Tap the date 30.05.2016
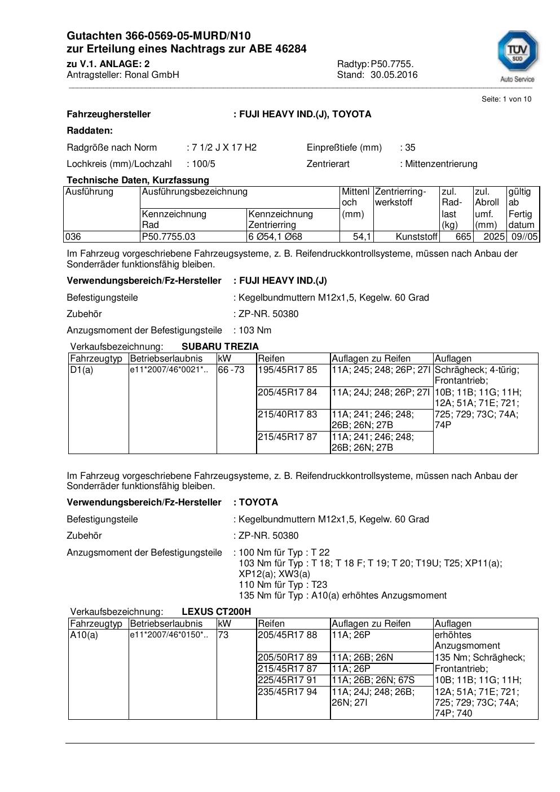click(x=394, y=74)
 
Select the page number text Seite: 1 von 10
click(x=506, y=99)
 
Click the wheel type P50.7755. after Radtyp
click(x=392, y=64)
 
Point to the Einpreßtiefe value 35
click(x=410, y=147)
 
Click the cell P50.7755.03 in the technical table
click(x=169, y=237)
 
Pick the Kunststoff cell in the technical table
click(x=416, y=237)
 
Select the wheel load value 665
click(x=464, y=237)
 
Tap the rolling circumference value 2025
click(x=494, y=237)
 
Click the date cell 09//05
click(x=524, y=237)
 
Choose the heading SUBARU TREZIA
click(x=220, y=346)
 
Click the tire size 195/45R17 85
click(x=287, y=370)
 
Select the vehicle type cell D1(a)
click(x=82, y=370)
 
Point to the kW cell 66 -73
click(x=231, y=370)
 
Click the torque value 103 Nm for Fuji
click(x=255, y=330)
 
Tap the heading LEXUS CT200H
click(x=216, y=611)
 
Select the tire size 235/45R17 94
click(x=287, y=692)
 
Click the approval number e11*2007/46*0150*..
click(x=169, y=635)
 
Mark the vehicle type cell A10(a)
click(x=84, y=635)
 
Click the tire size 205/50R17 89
click(x=287, y=658)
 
